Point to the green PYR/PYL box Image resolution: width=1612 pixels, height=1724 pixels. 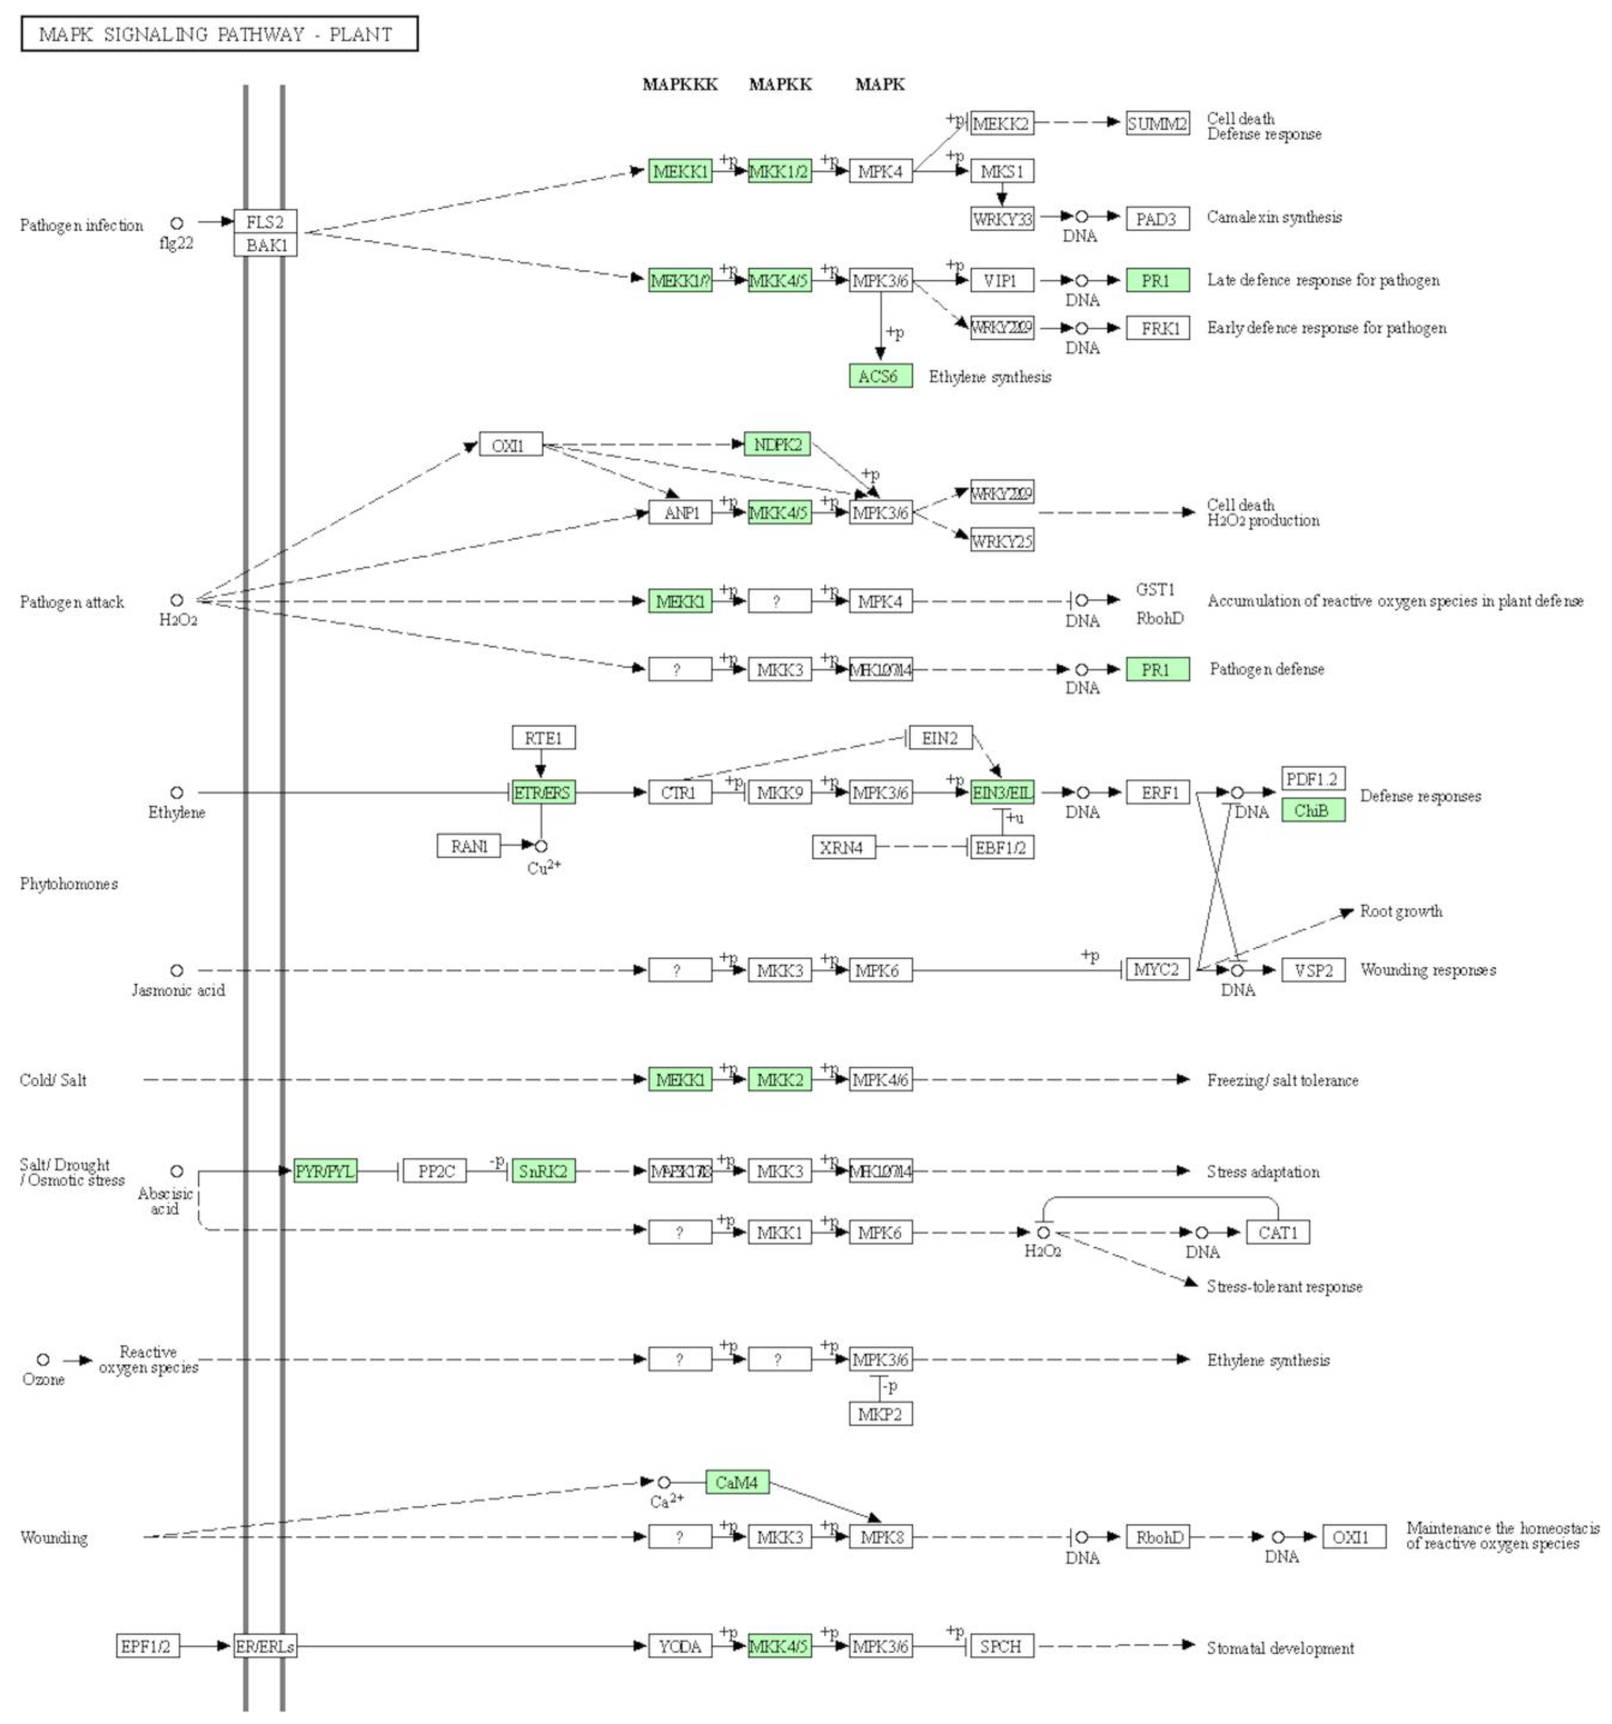point(325,1171)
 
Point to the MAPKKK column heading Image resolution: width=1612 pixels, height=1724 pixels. point(680,84)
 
